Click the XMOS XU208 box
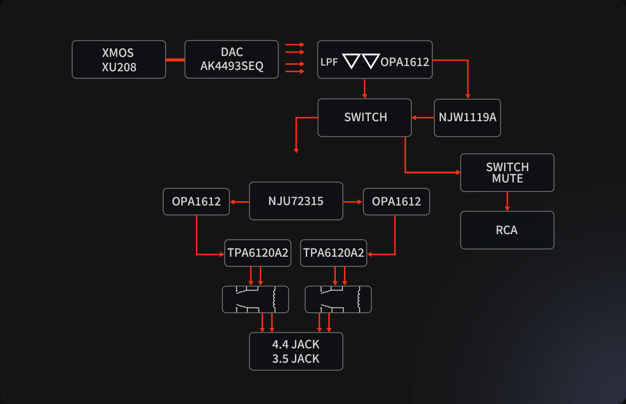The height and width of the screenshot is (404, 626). click(119, 60)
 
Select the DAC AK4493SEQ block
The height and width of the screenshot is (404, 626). click(232, 60)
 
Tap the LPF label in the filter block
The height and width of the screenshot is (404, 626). click(329, 62)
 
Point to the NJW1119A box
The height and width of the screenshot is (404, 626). click(467, 118)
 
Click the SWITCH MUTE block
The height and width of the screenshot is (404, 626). click(507, 172)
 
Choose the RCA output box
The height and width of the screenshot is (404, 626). click(507, 230)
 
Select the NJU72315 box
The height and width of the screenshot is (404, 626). click(296, 201)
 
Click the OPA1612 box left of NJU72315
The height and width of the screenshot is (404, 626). click(196, 202)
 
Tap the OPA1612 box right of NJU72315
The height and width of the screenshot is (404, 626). click(396, 202)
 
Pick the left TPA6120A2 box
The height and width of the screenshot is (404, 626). click(258, 253)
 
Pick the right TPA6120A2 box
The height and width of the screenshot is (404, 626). click(334, 253)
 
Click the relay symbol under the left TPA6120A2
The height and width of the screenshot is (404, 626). click(255, 299)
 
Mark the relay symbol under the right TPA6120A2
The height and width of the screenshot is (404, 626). click(338, 299)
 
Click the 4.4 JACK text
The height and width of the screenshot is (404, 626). click(296, 344)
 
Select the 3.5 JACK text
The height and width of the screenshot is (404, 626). click(296, 359)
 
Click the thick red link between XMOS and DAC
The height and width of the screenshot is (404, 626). click(175, 60)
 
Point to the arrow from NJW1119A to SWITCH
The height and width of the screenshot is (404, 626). click(422, 118)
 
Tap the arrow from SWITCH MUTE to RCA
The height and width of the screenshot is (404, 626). click(507, 202)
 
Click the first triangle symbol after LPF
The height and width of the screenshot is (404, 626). click(351, 61)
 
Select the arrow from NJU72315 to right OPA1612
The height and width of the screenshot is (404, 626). click(353, 202)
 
